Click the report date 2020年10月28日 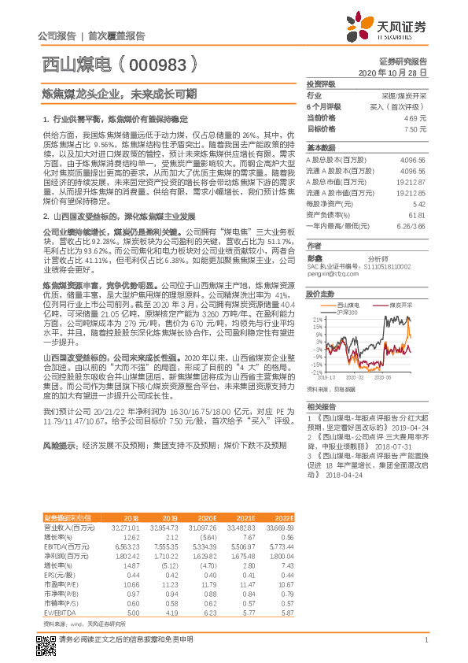[392, 72]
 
